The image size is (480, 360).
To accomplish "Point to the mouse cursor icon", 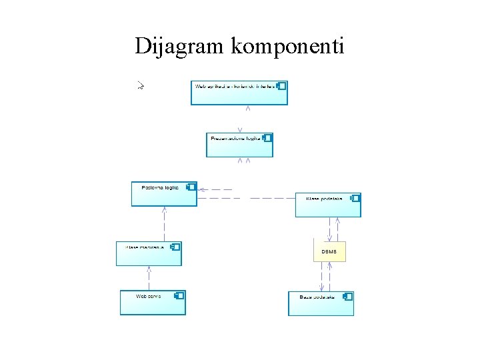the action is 141,85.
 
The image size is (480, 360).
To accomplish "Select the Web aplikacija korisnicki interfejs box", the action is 239,93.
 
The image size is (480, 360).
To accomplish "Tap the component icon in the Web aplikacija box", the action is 282,86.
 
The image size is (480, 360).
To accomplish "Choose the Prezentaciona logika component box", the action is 239,145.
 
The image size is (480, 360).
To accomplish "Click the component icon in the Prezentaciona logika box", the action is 267,138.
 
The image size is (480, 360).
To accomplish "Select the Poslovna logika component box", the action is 164,194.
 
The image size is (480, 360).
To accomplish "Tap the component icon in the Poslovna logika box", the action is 191,187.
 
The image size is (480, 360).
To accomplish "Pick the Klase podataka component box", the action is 327,205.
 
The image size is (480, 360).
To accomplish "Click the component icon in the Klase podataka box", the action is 355,198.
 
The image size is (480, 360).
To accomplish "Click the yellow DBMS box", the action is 329,251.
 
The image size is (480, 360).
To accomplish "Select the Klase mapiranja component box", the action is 149,253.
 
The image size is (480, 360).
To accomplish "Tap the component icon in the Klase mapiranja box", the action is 175,247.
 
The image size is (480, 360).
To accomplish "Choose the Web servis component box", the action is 153,302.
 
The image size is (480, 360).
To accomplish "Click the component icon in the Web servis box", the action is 179,295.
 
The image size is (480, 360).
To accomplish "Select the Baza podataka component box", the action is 321,303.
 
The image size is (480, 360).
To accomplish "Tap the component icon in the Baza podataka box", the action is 348,296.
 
